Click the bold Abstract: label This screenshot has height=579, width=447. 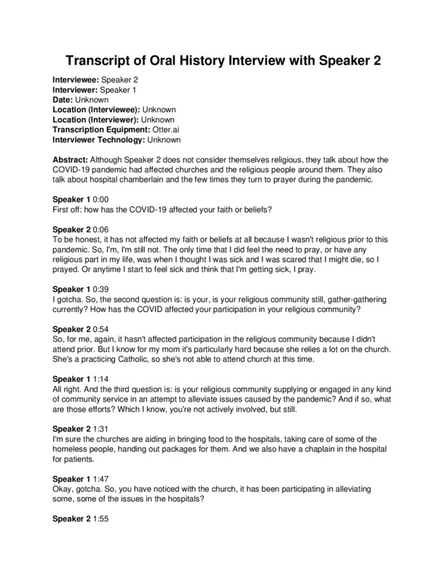tap(74, 159)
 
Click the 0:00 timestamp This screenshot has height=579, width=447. tap(103, 199)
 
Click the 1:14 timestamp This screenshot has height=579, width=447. tap(103, 379)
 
